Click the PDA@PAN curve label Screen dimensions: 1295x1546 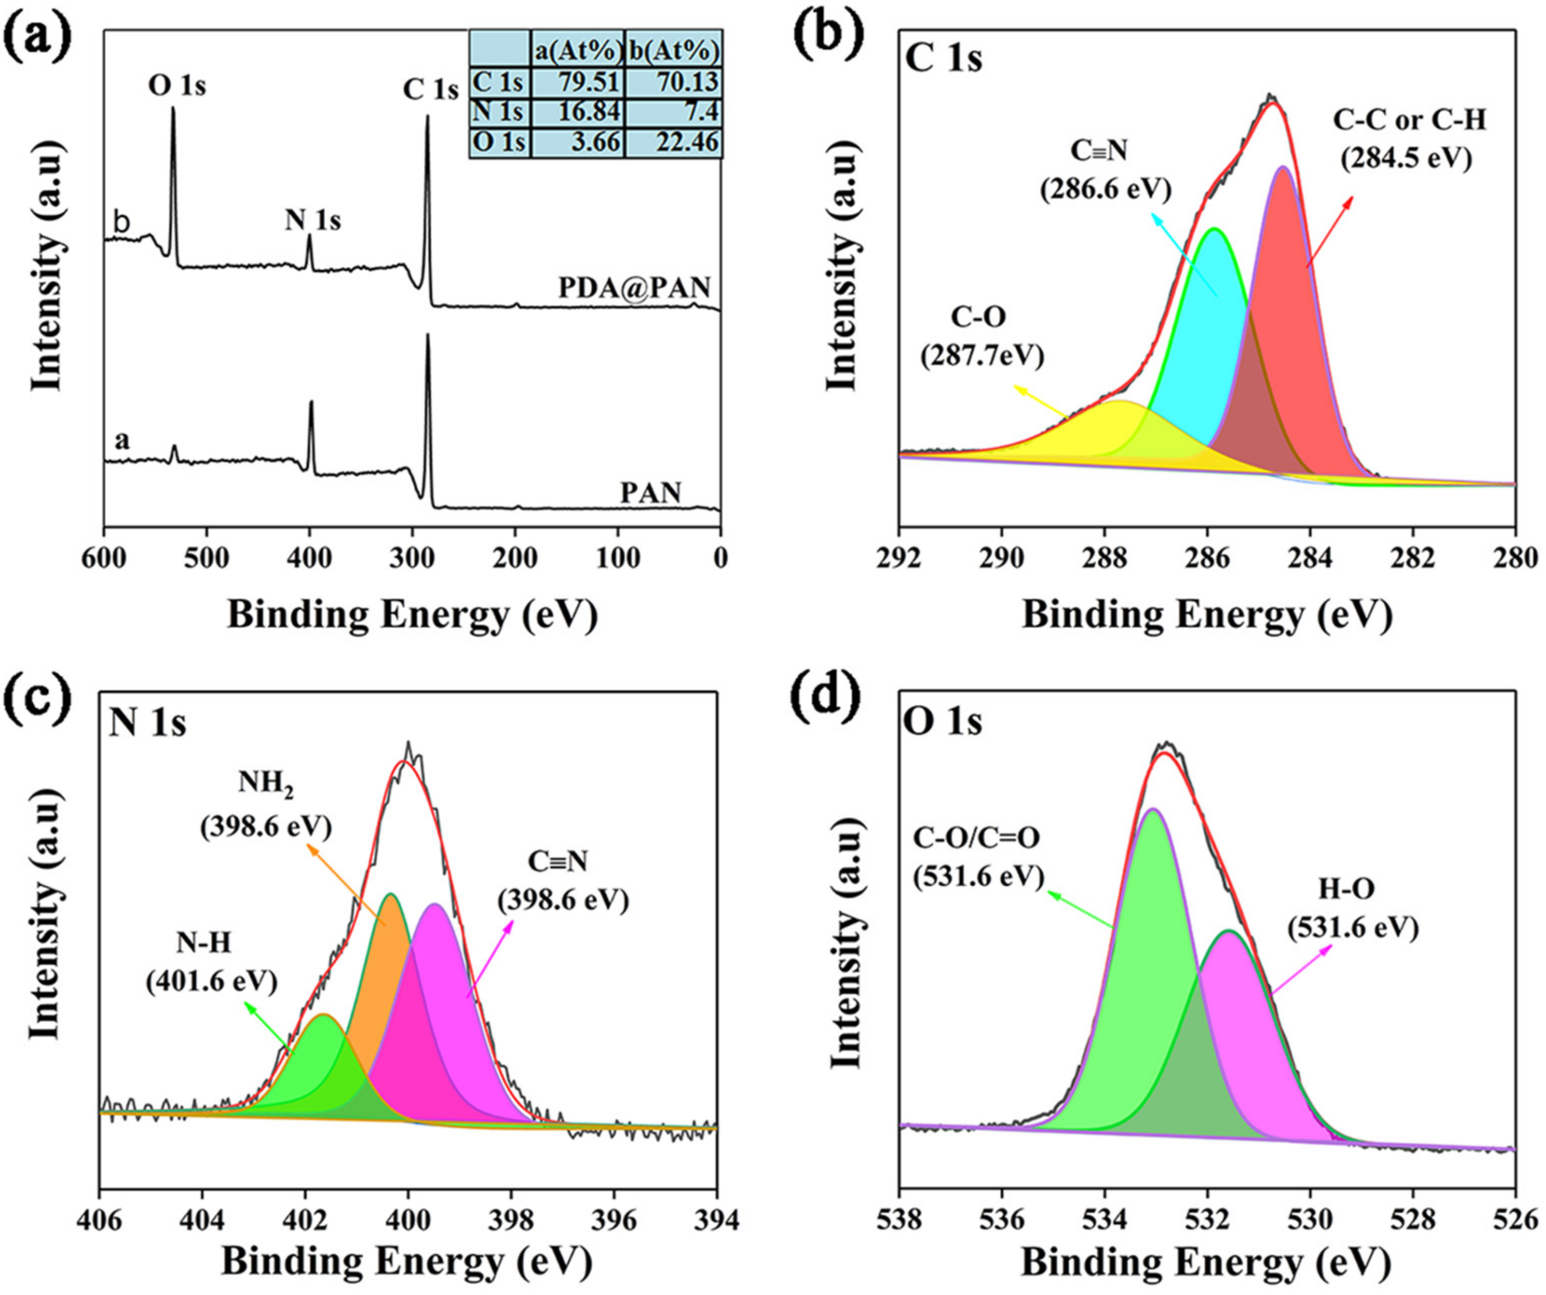click(634, 288)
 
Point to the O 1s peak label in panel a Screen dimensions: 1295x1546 click(177, 86)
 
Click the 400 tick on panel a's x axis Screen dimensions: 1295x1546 click(309, 558)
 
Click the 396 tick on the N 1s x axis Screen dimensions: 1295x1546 click(614, 1219)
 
